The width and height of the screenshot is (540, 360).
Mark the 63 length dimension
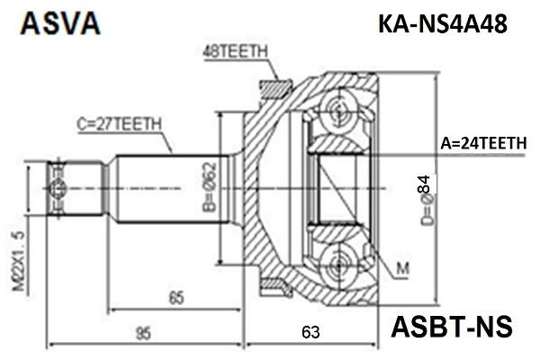[x=310, y=334]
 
